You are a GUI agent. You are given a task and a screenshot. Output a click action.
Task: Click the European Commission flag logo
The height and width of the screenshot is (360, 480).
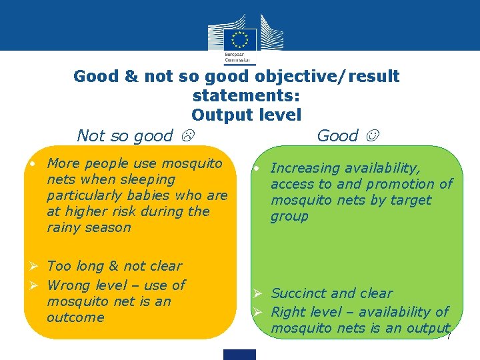pyautogui.click(x=239, y=38)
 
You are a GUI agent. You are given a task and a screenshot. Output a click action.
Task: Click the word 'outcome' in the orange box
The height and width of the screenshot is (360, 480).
pyautogui.click(x=75, y=317)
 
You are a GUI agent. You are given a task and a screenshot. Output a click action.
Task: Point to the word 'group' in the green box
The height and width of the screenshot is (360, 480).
pyautogui.click(x=289, y=216)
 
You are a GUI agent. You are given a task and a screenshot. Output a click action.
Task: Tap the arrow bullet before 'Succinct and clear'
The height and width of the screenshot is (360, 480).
pyautogui.click(x=262, y=293)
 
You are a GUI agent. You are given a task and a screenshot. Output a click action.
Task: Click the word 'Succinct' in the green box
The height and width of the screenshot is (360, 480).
pyautogui.click(x=299, y=293)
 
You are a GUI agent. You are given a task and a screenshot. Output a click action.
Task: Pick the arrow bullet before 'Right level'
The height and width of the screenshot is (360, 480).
pyautogui.click(x=262, y=312)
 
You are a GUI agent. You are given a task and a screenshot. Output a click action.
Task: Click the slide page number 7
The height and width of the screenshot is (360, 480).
pyautogui.click(x=449, y=337)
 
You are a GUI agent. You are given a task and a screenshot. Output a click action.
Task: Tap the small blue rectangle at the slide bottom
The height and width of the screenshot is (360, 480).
pyautogui.click(x=240, y=354)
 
